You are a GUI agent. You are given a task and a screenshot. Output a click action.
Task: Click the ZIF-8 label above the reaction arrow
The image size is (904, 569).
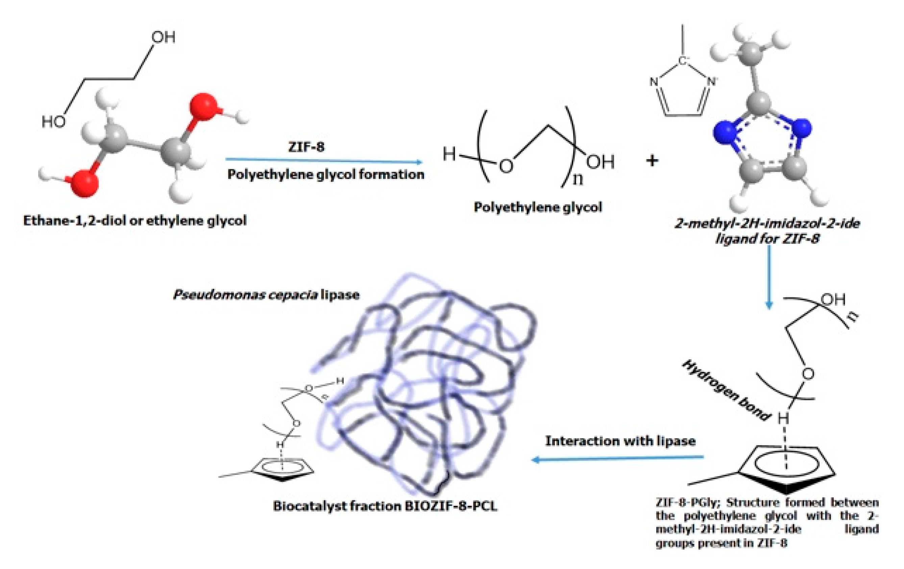(306, 147)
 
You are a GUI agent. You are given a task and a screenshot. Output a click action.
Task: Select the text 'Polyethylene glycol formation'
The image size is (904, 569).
(325, 175)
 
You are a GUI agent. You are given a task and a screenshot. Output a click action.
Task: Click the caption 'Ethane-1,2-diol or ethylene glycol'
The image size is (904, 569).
(135, 220)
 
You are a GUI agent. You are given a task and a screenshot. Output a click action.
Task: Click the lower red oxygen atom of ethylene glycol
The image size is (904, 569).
(84, 183)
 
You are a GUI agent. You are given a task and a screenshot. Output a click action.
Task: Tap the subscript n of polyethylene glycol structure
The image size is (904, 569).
(578, 179)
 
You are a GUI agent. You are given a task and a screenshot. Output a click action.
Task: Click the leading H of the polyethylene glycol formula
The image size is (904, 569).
(449, 154)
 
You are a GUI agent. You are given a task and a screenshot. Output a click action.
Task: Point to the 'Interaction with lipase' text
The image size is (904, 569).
(620, 441)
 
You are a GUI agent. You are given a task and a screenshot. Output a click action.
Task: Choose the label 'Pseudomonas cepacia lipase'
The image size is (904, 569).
(266, 295)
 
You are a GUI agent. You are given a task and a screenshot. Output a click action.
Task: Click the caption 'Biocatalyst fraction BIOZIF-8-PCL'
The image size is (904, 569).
(385, 506)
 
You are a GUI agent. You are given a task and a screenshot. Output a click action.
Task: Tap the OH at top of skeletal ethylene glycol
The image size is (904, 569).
(163, 37)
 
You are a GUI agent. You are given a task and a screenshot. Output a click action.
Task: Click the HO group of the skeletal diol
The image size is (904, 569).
(53, 122)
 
